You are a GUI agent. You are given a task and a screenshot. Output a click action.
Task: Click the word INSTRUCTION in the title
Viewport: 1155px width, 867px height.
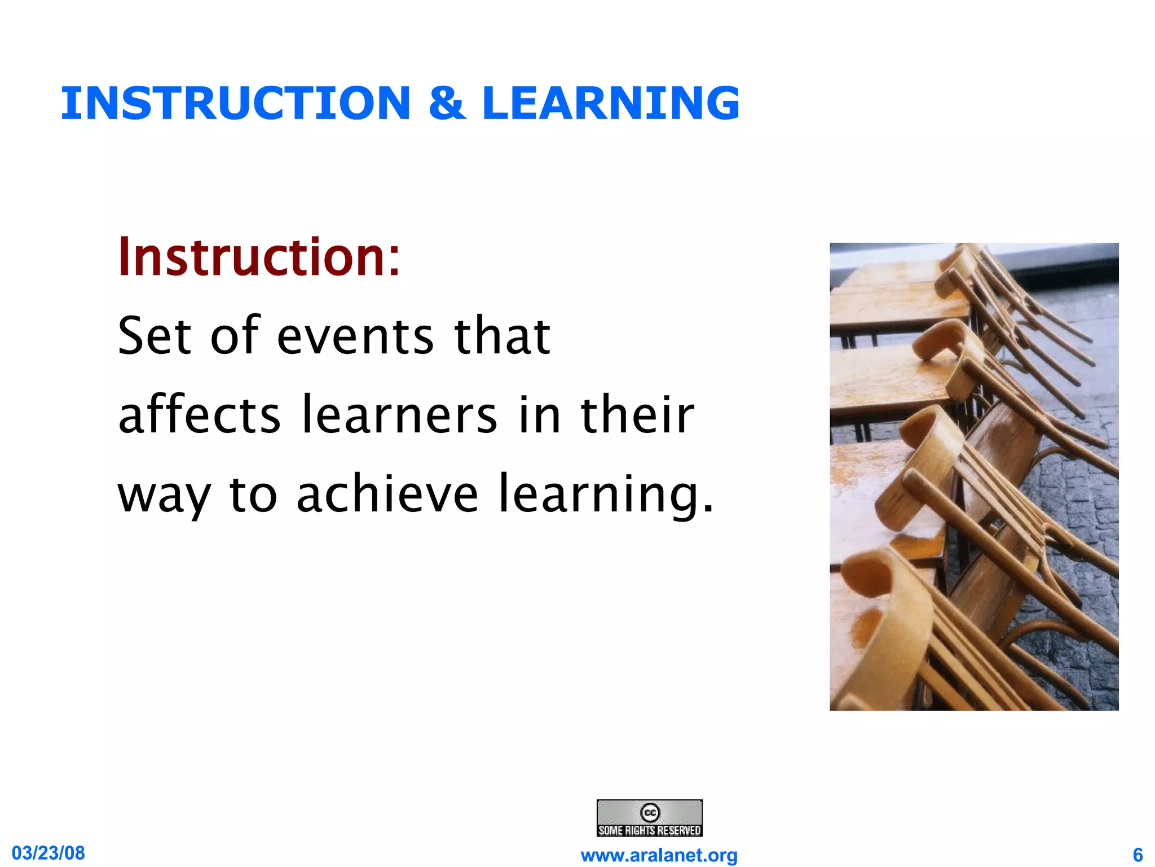tap(235, 103)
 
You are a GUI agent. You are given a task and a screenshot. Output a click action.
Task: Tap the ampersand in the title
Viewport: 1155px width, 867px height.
tap(447, 103)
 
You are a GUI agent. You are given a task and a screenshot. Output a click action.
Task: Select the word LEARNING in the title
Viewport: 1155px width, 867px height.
tap(611, 103)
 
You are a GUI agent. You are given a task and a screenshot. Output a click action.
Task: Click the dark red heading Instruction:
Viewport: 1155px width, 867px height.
tap(259, 257)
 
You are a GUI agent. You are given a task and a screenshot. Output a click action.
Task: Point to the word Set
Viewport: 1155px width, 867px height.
tap(154, 336)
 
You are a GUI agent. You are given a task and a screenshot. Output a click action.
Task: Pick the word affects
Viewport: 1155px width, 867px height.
tap(199, 415)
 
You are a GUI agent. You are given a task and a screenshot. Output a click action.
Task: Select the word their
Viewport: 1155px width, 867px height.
tap(637, 415)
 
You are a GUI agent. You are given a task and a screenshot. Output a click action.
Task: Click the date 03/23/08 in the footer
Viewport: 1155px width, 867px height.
tap(49, 853)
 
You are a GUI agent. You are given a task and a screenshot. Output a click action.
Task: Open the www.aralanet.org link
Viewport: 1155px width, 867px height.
tap(659, 855)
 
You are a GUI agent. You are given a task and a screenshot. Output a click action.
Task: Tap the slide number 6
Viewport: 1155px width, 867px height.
tap(1138, 855)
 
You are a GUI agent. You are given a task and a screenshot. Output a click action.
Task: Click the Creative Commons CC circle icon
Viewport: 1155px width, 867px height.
tap(650, 812)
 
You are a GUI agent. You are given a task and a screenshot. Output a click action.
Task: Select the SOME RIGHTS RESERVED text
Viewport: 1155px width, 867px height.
tap(650, 830)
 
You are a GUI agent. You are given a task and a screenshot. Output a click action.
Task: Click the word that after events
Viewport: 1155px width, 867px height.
tap(502, 336)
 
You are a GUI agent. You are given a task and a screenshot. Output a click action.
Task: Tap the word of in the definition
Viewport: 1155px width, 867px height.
tap(235, 336)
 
